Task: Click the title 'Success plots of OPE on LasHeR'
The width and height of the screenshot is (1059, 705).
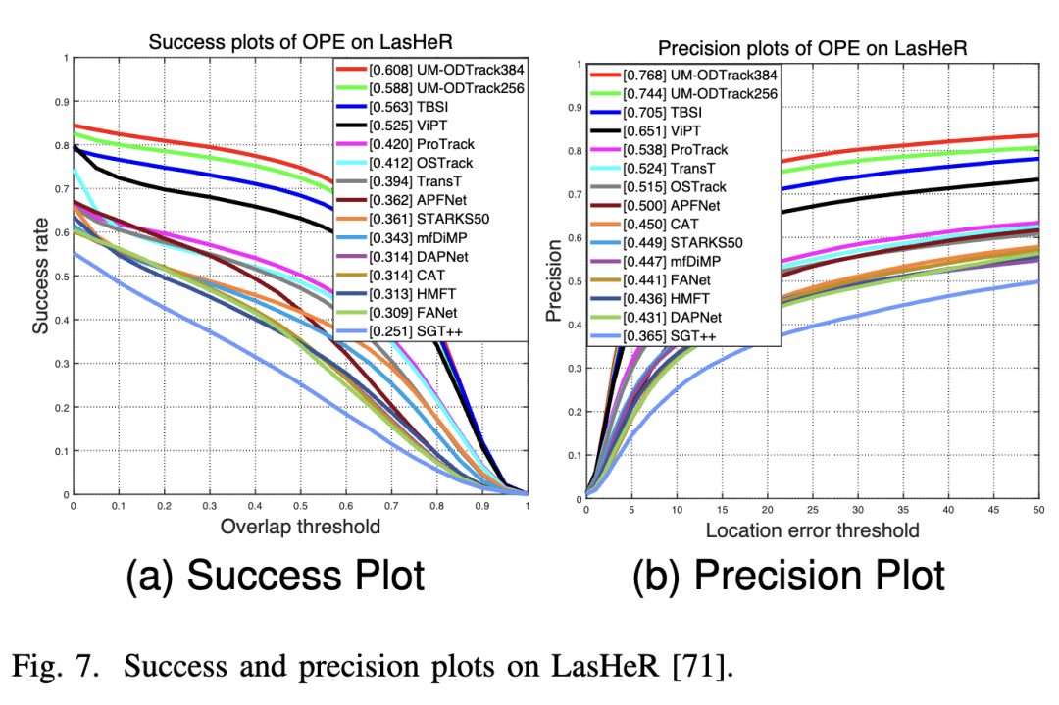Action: (299, 43)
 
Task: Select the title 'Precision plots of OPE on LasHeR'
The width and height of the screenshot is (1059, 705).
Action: (813, 48)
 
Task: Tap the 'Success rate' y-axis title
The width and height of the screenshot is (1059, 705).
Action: (42, 276)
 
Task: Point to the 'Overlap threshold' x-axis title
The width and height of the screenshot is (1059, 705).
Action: (300, 527)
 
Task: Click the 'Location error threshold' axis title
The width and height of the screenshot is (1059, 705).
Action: (813, 530)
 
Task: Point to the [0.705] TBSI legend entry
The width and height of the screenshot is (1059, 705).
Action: (648, 113)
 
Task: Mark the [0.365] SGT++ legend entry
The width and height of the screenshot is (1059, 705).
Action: (653, 334)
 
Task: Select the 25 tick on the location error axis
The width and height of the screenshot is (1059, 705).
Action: (813, 510)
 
